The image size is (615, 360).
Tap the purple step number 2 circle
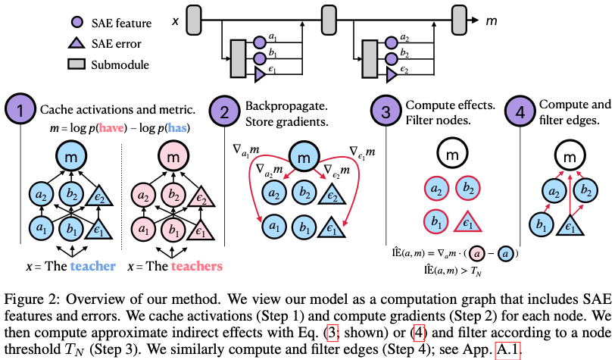pos(224,111)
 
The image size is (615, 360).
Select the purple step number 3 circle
pos(386,111)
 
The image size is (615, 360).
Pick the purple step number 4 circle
pos(520,111)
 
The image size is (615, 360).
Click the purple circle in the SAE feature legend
pos(77,22)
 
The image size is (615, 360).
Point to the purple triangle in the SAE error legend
pos(76,42)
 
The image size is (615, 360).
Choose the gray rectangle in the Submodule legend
pos(76,64)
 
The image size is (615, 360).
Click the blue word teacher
pos(93,266)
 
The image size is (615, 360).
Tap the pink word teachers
pos(196,266)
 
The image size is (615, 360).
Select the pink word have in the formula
pos(111,128)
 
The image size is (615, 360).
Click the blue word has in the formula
pos(177,128)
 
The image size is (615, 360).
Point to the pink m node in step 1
pos(173,157)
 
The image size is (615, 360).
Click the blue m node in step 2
pos(304,157)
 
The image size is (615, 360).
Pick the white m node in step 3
pos(452,154)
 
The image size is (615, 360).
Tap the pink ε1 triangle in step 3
pos(467,223)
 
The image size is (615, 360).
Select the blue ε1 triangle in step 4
pos(570,227)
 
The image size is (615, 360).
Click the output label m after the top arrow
pos(492,20)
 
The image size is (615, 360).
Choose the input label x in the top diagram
pos(175,20)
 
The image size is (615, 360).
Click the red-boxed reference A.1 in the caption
pos(508,349)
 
